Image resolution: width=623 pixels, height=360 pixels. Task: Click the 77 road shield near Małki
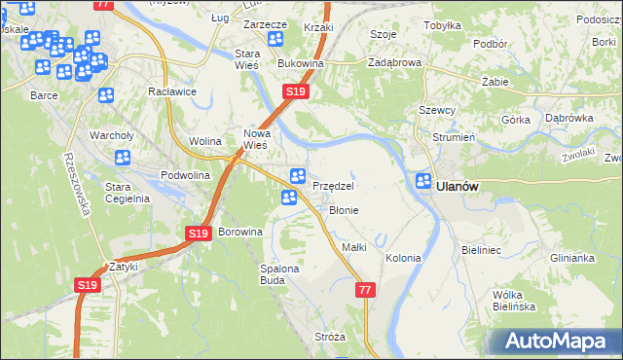point(365,290)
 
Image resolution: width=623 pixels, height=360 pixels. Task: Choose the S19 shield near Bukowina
point(297,91)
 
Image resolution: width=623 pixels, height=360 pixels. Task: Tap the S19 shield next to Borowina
point(198,234)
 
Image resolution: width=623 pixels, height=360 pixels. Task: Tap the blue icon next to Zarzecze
point(275,39)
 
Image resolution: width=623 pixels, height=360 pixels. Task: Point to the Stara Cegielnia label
point(127,192)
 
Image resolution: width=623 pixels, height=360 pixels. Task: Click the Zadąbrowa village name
point(394,61)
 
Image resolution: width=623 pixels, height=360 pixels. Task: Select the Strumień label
point(453,137)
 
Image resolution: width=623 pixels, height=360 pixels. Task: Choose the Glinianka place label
point(571,258)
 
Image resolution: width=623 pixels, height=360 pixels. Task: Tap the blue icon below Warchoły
point(123,158)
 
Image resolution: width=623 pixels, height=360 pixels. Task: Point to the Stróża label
point(330,337)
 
